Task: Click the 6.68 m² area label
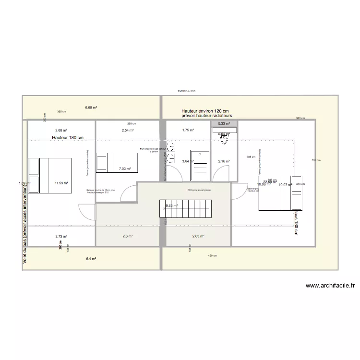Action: pyautogui.click(x=91, y=108)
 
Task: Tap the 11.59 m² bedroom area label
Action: pyautogui.click(x=61, y=183)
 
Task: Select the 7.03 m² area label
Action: pyautogui.click(x=125, y=168)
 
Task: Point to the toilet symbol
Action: pyautogui.click(x=224, y=139)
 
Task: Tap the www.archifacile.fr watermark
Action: pyautogui.click(x=330, y=285)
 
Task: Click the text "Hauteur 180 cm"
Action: pyautogui.click(x=68, y=138)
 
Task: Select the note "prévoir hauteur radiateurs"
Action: pyautogui.click(x=207, y=116)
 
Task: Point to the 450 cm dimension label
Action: pyautogui.click(x=210, y=255)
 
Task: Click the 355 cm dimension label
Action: pyautogui.click(x=61, y=112)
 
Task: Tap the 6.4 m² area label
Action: pyautogui.click(x=91, y=259)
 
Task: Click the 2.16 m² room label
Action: pyautogui.click(x=224, y=161)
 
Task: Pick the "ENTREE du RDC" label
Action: pyautogui.click(x=186, y=91)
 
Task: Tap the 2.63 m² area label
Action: pyautogui.click(x=198, y=236)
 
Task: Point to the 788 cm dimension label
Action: pyautogui.click(x=251, y=157)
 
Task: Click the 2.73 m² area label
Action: pyautogui.click(x=61, y=236)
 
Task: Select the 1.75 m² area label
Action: pyautogui.click(x=188, y=130)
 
